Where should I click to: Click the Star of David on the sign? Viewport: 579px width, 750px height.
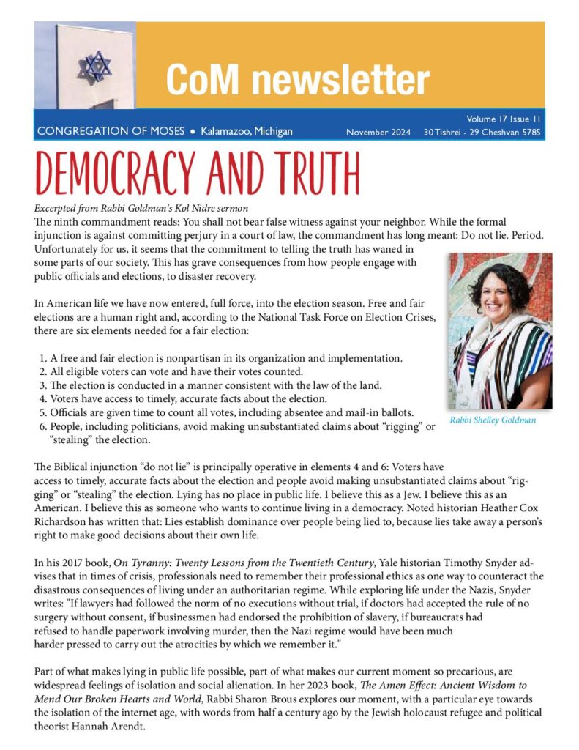click(x=94, y=65)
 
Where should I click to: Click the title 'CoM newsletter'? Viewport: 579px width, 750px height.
click(x=297, y=79)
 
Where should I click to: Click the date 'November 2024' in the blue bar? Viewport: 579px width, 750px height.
click(x=378, y=133)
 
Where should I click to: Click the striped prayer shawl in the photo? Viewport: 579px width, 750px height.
click(x=512, y=366)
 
